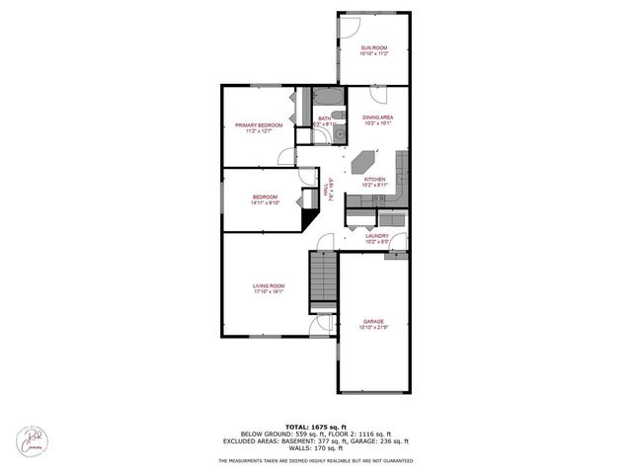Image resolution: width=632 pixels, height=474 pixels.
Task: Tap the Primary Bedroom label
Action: pyautogui.click(x=259, y=125)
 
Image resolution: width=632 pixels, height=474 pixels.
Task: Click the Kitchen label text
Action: pyautogui.click(x=373, y=180)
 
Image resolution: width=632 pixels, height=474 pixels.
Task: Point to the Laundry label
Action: pyautogui.click(x=376, y=236)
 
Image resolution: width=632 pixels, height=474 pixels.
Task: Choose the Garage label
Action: pyautogui.click(x=373, y=321)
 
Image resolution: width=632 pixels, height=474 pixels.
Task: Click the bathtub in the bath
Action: pyautogui.click(x=328, y=98)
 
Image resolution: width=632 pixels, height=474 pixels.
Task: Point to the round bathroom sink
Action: pyautogui.click(x=339, y=134)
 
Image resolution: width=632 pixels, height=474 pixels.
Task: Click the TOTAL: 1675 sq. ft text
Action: pyautogui.click(x=315, y=423)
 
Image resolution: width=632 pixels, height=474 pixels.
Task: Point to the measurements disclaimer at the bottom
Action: pyautogui.click(x=315, y=461)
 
